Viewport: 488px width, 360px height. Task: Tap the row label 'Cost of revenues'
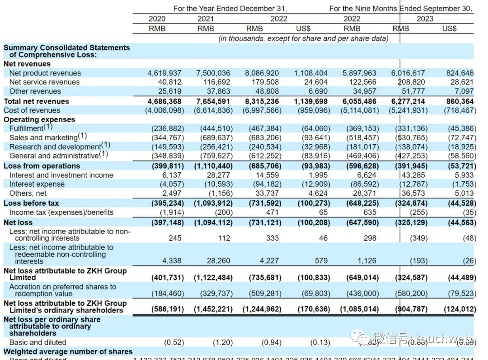32,110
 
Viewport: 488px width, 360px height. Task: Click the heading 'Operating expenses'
39,119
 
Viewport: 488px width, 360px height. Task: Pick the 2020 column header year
157,19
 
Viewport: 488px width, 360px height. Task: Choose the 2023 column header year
425,19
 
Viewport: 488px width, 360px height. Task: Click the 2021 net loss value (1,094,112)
213,223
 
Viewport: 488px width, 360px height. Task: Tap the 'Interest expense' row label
37,184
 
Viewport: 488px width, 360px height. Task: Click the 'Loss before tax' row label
31,203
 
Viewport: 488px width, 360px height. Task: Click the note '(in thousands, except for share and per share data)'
303,38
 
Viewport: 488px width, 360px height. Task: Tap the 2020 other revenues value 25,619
169,91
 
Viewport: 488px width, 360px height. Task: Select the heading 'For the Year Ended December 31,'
230,9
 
